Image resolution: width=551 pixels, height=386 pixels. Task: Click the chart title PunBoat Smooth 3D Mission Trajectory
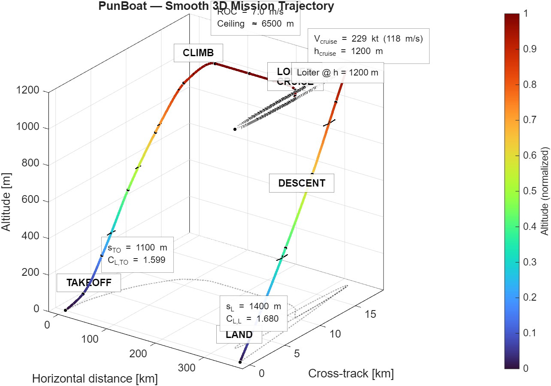click(x=216, y=6)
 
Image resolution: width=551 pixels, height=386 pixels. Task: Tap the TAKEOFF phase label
click(x=89, y=283)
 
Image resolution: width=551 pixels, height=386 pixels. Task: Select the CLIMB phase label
click(x=198, y=53)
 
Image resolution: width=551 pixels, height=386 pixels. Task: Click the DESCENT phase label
click(x=302, y=183)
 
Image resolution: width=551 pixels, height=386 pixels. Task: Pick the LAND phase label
click(x=239, y=335)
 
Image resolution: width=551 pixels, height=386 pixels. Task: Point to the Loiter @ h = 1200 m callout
click(x=337, y=72)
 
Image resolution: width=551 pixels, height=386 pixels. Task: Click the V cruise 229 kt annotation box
click(x=369, y=45)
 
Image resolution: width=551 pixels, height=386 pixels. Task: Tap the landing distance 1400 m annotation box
click(x=253, y=313)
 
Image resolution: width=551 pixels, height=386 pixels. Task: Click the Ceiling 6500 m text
click(x=255, y=24)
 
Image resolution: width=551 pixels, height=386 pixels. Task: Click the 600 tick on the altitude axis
click(x=31, y=200)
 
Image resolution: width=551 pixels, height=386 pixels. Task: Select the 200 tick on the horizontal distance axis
click(x=138, y=353)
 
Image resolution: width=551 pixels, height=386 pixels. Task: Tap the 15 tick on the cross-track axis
click(x=370, y=314)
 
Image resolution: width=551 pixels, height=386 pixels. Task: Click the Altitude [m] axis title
click(x=6, y=201)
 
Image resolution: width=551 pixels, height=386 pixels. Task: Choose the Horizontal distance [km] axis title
click(x=95, y=379)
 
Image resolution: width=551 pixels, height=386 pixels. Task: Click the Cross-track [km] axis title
click(x=351, y=374)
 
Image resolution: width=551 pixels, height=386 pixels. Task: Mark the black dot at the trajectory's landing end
click(x=240, y=362)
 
